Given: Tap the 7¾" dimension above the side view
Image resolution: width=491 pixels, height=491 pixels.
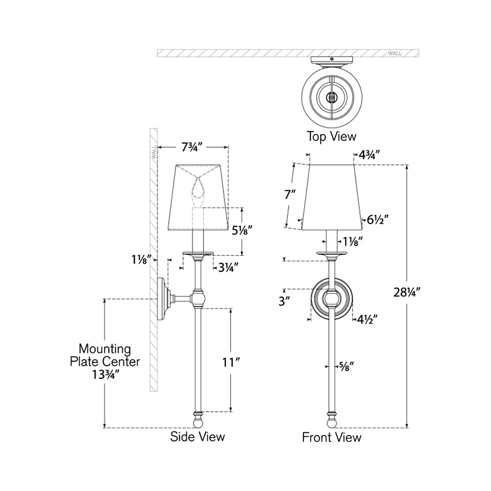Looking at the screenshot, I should point(194,147).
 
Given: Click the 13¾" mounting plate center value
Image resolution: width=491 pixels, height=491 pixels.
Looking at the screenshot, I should point(105,374).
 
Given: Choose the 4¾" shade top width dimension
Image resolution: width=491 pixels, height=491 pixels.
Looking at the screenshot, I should point(369,155).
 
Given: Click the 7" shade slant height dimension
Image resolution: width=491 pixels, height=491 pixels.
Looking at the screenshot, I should point(290,195).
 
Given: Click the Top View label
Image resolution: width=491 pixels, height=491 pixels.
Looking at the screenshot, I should point(331,136).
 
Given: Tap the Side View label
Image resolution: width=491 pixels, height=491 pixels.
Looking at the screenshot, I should point(197,436).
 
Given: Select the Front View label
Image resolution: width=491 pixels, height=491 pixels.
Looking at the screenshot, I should point(332,437).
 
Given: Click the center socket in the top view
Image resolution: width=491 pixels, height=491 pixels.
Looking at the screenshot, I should point(331,96).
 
